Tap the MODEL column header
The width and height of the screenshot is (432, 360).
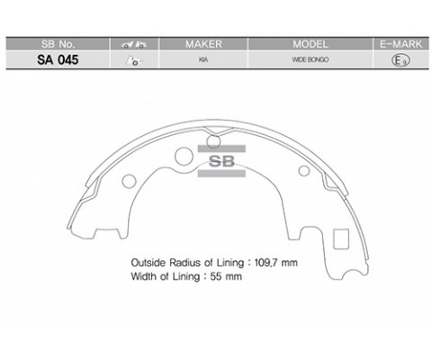pos(309,43)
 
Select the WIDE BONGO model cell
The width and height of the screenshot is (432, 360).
pos(309,60)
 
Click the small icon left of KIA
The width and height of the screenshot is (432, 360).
pos(133,61)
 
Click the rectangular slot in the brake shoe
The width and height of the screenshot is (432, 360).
pos(340,240)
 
